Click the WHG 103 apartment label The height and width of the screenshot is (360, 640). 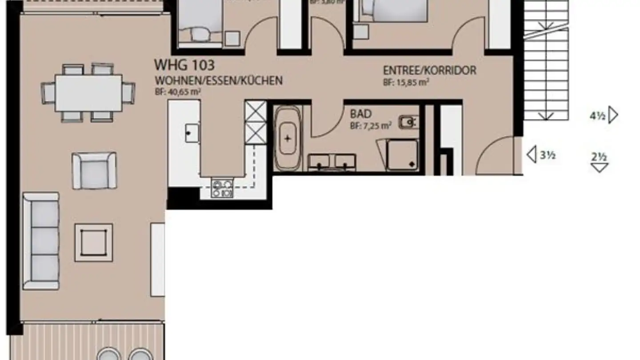pos(184,65)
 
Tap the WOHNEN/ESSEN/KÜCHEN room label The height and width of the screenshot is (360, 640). pos(218,81)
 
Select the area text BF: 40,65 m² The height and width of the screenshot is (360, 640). pos(177,92)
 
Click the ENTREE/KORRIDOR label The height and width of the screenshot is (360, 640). pos(429,71)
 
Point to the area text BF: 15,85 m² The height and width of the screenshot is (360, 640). pos(406,82)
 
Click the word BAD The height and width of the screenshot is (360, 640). pos(360,114)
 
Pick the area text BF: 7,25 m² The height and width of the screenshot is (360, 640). pos(370,126)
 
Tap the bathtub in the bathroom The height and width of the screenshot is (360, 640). pos(288,138)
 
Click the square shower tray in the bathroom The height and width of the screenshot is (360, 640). pos(402,154)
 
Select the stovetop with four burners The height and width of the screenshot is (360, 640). pos(222,188)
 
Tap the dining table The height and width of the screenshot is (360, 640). pos(88,93)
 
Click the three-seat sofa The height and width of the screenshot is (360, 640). pos(41,241)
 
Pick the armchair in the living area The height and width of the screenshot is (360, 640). pos(94,170)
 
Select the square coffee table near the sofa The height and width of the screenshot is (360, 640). pos(93,243)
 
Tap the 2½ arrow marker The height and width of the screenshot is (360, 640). pos(599,162)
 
